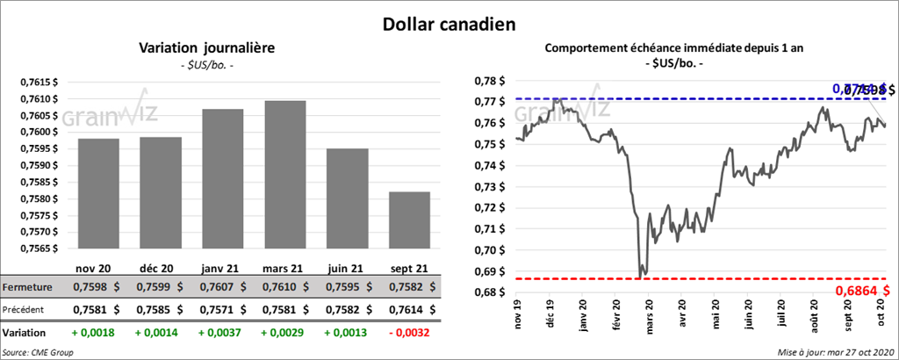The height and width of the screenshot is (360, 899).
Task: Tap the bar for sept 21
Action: coord(410,221)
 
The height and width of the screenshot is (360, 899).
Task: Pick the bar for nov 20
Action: coord(98,195)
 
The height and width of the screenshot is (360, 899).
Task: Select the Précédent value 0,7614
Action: coord(405,310)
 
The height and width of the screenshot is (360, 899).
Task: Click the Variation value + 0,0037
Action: coord(222,334)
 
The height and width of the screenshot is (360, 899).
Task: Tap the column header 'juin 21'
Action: coord(347,268)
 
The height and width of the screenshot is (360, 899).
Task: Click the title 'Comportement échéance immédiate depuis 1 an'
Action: coord(680,48)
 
